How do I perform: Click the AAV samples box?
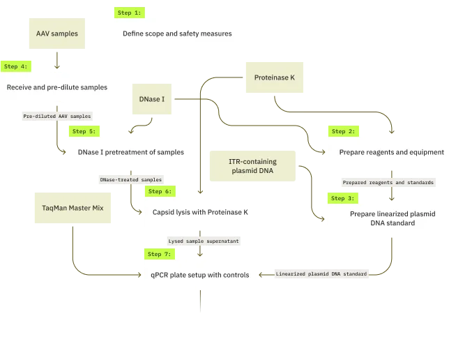pyautogui.click(x=57, y=33)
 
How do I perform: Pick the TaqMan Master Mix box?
pyautogui.click(x=72, y=208)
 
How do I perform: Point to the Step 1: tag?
pyautogui.click(x=129, y=13)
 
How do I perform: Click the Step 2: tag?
pyautogui.click(x=342, y=131)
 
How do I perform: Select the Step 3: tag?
pyautogui.click(x=342, y=198)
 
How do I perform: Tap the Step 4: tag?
pyautogui.click(x=16, y=66)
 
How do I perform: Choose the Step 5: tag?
pyautogui.click(x=84, y=131)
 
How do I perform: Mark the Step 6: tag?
pyautogui.click(x=160, y=191)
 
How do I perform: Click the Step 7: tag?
pyautogui.click(x=159, y=254)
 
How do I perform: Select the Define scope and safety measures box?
pyautogui.click(x=178, y=33)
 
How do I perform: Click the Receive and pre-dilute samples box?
pyautogui.click(x=57, y=87)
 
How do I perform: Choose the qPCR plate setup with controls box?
pyautogui.click(x=198, y=275)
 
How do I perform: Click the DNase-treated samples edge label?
pyautogui.click(x=130, y=179)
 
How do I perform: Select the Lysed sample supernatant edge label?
pyautogui.click(x=203, y=241)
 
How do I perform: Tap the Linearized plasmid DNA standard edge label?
pyautogui.click(x=321, y=273)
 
